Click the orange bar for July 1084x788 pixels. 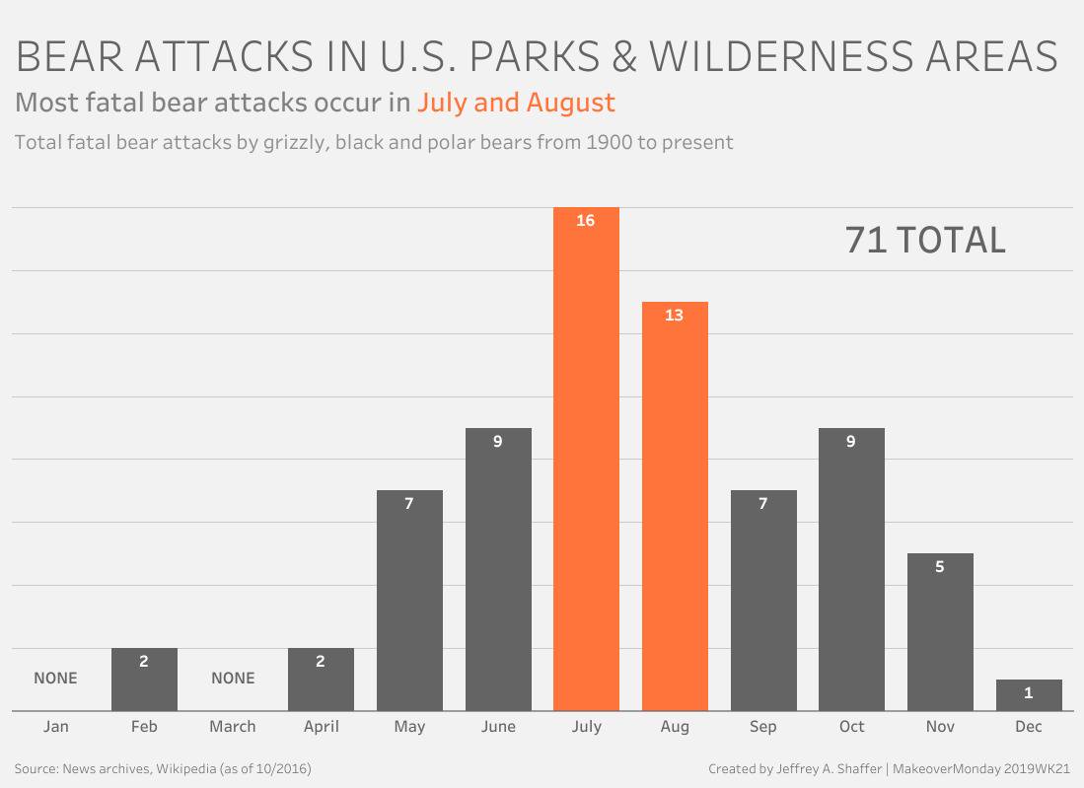(586, 464)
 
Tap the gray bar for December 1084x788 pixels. (1029, 695)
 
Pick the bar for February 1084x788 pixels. (144, 681)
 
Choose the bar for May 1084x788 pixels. (409, 602)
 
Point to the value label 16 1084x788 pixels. (586, 221)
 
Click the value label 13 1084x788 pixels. (675, 316)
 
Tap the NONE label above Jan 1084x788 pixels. (55, 679)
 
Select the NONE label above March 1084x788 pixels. (233, 679)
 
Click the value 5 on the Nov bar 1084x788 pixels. (940, 567)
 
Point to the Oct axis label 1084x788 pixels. (851, 727)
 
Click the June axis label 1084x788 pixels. (498, 727)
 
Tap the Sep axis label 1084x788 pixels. (762, 727)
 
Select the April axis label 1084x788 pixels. (321, 727)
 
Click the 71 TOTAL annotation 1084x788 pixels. (925, 241)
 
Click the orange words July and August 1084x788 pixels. (516, 103)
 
